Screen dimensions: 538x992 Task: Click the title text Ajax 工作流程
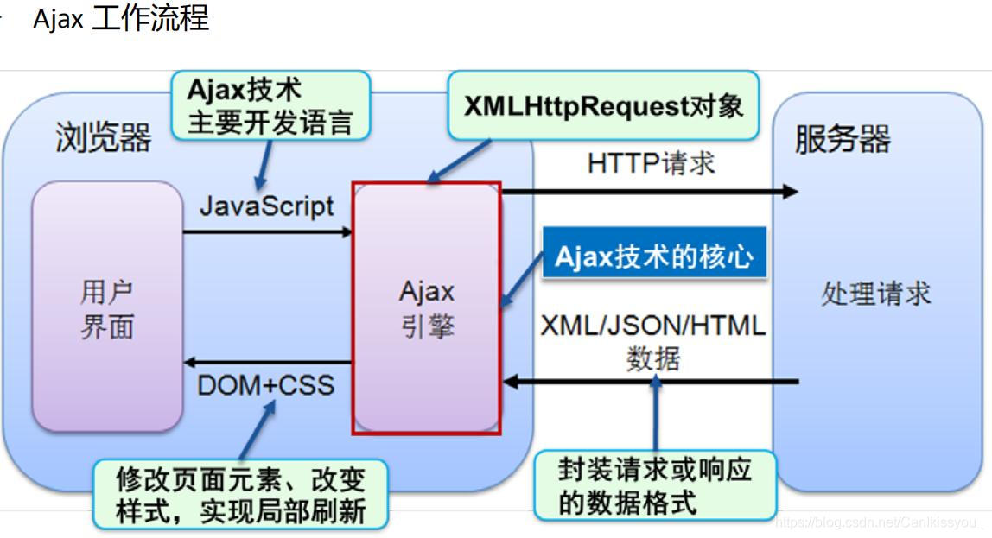tap(121, 19)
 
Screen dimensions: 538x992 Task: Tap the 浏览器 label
tap(104, 137)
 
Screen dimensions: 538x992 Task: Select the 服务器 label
tap(843, 139)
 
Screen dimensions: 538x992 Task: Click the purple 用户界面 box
tap(107, 307)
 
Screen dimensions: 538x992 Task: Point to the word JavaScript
tap(267, 206)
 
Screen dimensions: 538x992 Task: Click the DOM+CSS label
tap(266, 384)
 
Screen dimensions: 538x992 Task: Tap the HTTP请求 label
tap(652, 162)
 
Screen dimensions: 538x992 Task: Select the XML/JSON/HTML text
tap(653, 326)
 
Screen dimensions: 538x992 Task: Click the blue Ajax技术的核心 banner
tap(654, 256)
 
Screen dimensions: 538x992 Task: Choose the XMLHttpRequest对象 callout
tap(603, 106)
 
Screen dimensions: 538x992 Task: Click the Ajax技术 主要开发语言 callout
tap(270, 105)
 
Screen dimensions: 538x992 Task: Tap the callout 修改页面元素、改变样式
tap(241, 494)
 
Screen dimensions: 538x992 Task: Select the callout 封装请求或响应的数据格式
tap(654, 485)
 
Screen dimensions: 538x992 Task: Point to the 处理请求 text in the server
tap(875, 294)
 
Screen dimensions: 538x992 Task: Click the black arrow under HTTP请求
tap(648, 191)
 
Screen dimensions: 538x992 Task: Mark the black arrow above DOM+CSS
tap(268, 363)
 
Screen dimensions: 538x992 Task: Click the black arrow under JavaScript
tap(268, 231)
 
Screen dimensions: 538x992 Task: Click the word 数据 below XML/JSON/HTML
tap(653, 358)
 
